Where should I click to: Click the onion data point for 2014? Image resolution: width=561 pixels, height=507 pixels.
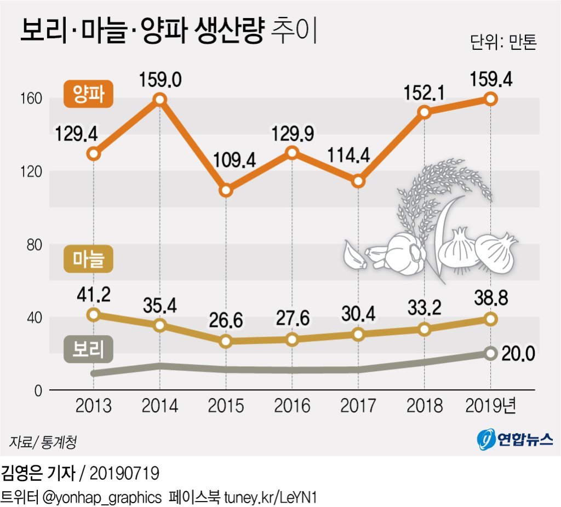pos(160,99)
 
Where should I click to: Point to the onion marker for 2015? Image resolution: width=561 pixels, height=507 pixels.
pos(226,191)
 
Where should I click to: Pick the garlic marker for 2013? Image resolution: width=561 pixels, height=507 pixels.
pos(94,314)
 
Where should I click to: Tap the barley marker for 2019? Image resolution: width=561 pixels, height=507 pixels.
pos(490,353)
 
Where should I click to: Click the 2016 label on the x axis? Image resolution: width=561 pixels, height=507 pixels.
pos(292,406)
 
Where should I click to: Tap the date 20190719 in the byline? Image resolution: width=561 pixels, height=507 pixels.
pos(124,472)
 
